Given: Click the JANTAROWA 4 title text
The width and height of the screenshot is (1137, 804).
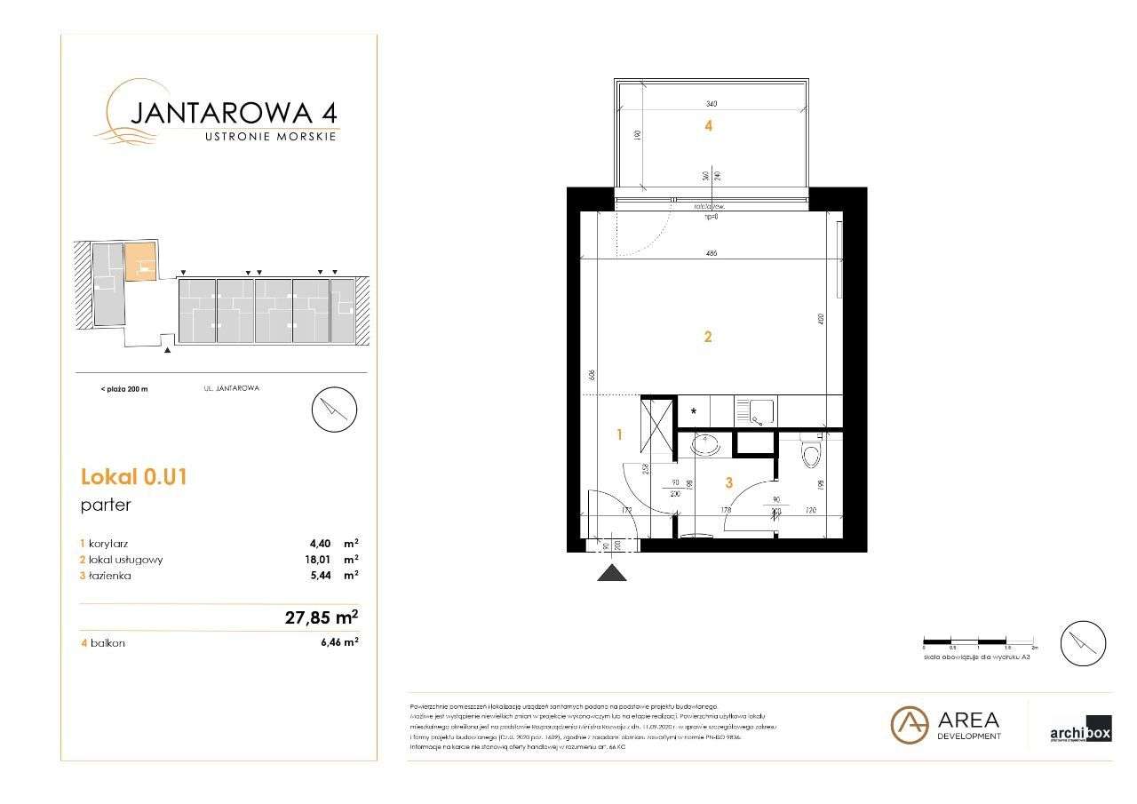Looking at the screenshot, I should coord(233,113).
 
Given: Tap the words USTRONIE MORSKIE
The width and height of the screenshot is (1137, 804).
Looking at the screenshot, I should coord(270,136).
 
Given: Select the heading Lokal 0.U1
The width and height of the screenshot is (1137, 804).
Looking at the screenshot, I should coord(133,477).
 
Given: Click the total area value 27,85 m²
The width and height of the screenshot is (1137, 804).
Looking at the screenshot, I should coord(321,617).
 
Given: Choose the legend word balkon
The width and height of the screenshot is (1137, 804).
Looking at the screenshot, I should coord(107,642).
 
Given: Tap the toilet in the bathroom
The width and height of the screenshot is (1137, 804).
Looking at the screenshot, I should coord(809,456).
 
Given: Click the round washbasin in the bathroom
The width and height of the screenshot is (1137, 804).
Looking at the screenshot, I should coord(707,443).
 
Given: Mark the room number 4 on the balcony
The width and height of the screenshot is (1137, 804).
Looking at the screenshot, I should coord(708,126).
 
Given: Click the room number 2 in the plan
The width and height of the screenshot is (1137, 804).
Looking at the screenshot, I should coord(708,337).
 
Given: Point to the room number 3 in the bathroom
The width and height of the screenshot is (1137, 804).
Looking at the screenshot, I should coord(728,482).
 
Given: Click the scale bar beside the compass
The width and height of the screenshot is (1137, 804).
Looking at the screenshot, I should coord(980,641).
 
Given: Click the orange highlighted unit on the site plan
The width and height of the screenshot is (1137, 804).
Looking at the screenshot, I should coord(139,263).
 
